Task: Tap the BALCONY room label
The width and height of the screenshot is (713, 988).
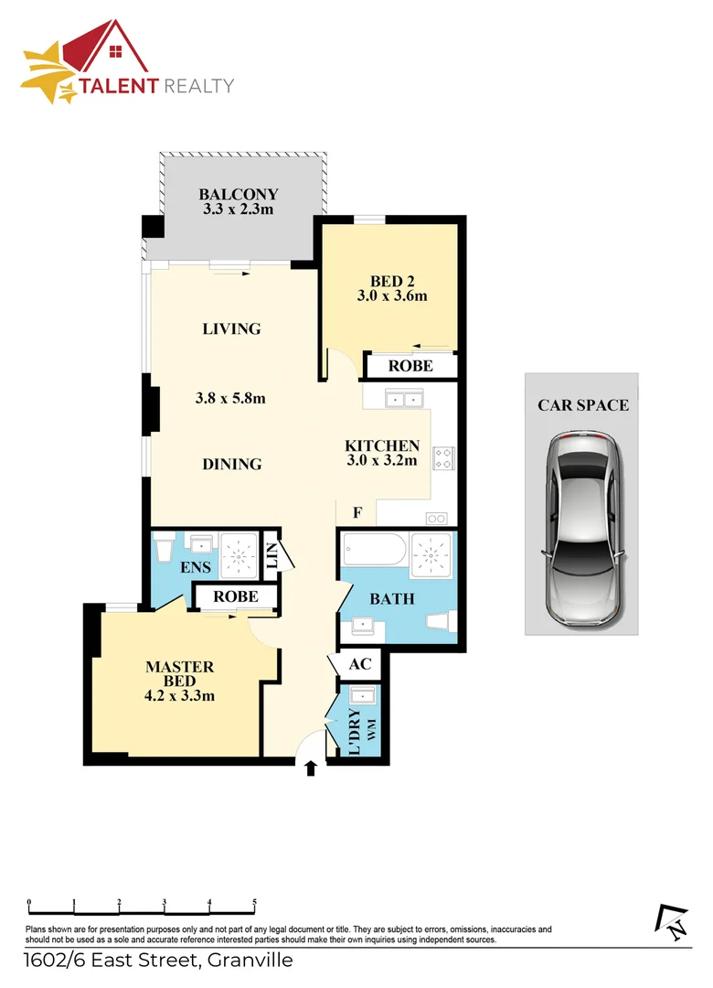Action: point(238,194)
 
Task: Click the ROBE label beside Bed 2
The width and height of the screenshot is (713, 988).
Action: point(410,366)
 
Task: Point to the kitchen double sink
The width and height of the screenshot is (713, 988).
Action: point(403,399)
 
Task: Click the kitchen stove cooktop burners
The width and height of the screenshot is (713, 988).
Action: point(443,457)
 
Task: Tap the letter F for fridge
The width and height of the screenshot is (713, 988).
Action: point(357,513)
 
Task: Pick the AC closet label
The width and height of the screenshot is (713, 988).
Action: point(358,664)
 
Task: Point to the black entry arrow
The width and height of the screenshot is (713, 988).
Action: point(311,768)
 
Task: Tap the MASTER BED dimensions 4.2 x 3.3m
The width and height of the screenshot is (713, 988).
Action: point(180,695)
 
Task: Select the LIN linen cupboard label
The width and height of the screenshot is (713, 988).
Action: point(271,556)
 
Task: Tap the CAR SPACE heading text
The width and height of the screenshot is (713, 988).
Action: point(582,404)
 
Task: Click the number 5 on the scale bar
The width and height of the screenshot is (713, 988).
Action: point(254,902)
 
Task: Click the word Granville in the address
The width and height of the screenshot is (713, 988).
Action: point(249,961)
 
